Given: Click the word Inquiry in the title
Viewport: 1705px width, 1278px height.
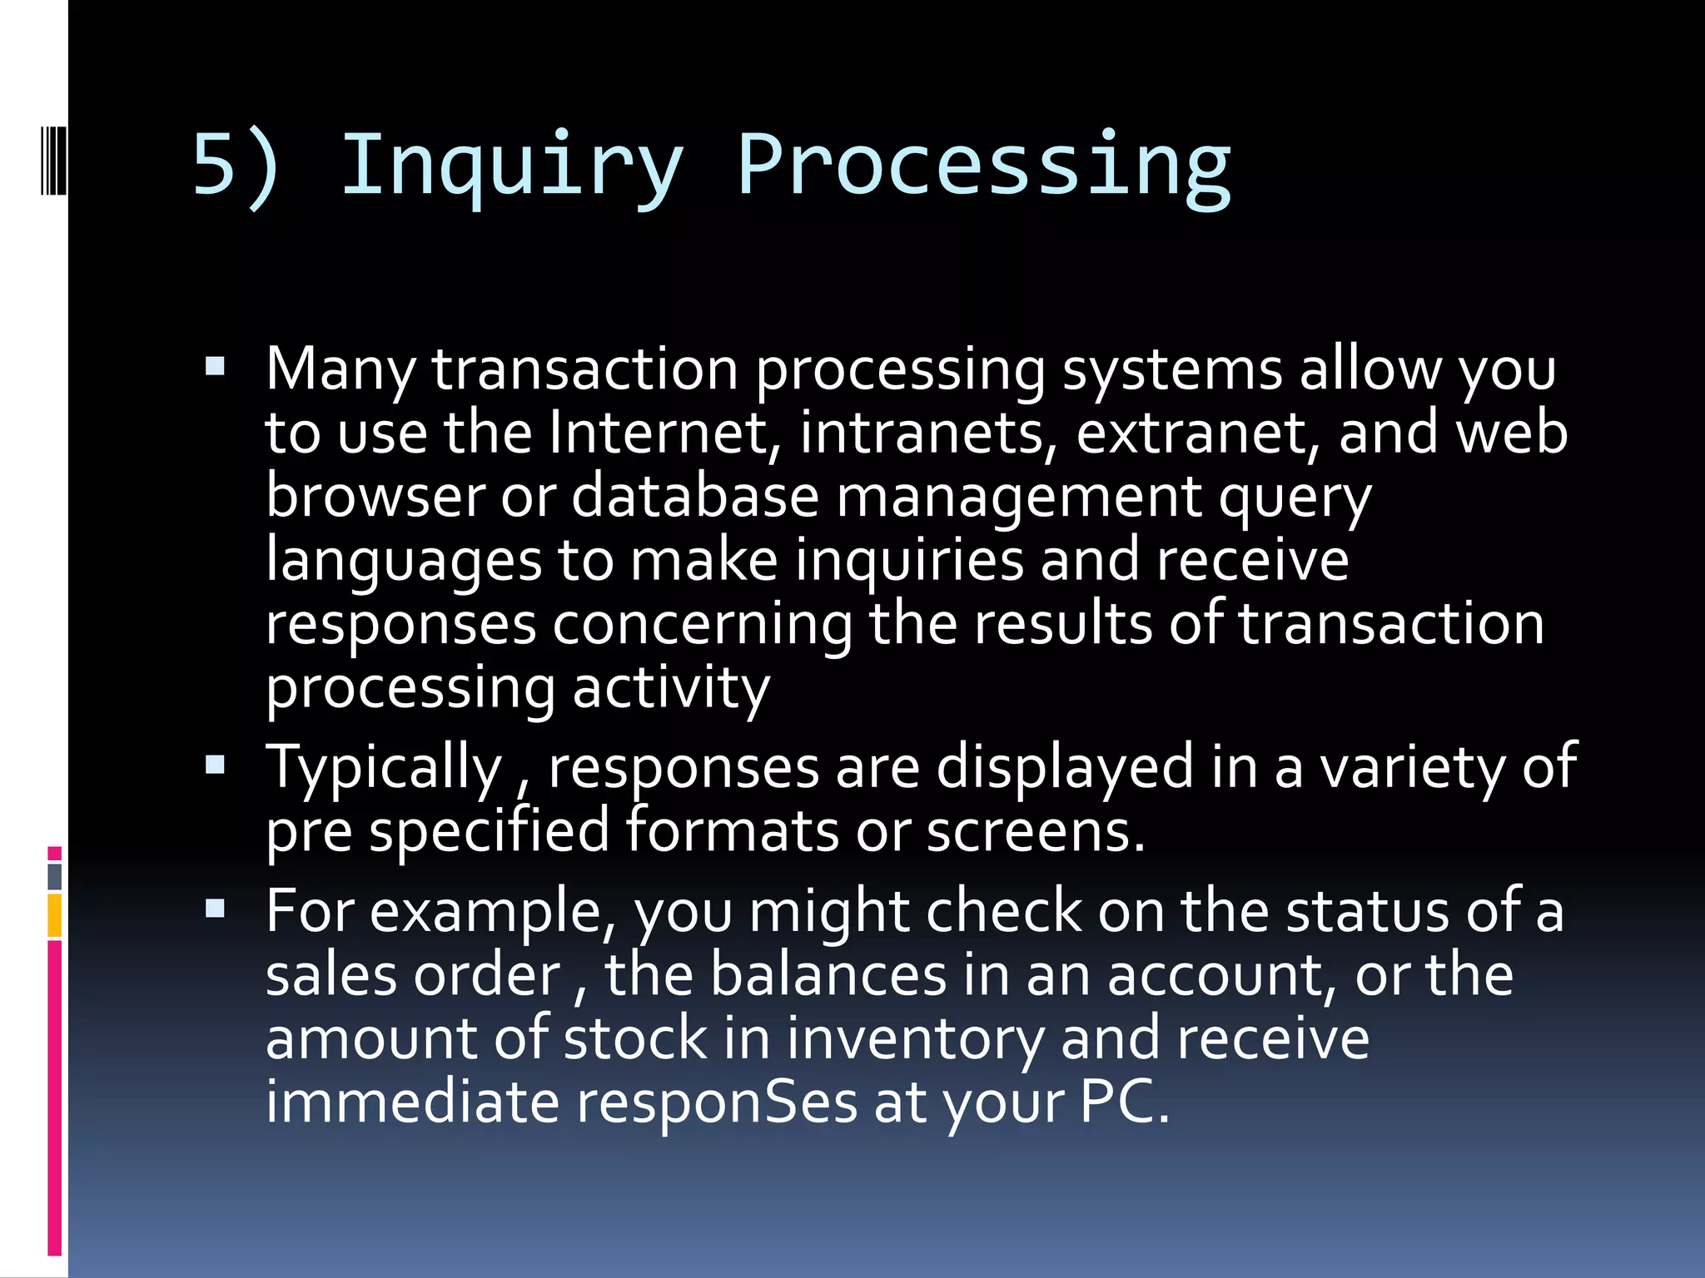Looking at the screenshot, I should coord(511,166).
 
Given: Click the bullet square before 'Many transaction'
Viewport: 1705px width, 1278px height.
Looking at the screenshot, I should coord(215,367).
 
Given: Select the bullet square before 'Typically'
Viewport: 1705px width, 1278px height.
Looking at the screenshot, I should coord(215,765).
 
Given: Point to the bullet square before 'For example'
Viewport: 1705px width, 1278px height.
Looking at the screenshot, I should coord(215,909).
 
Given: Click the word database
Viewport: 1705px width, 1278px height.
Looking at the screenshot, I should coord(695,497).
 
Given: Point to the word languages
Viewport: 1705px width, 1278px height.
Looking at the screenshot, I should coord(404,562).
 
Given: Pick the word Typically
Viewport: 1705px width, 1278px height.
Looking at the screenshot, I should coord(383,768).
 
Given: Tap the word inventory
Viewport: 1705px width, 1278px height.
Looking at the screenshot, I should coord(915,1040).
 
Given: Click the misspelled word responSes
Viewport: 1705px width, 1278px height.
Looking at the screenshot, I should coord(717,1103).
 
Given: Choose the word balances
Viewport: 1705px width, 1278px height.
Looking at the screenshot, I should coord(828,975).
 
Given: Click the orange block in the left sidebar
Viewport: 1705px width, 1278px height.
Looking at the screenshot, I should coord(55,915).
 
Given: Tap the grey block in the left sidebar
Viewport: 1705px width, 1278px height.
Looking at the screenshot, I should coord(55,876).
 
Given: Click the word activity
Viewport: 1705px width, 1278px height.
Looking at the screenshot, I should coord(671,689).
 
